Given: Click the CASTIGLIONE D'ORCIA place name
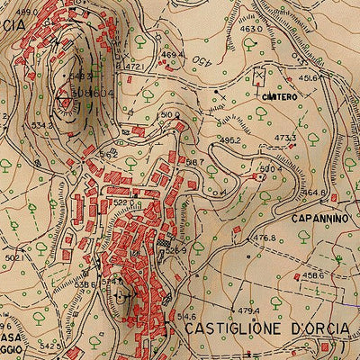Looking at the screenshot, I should [266, 329].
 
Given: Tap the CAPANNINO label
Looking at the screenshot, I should [318, 218].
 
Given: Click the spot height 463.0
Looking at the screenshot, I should [252, 29].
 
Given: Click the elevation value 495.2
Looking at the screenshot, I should [229, 141].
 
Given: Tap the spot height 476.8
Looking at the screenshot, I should [263, 238].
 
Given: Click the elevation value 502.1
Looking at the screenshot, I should [13, 258].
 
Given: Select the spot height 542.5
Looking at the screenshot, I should [50, 346].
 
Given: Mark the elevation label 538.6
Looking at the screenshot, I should [85, 284].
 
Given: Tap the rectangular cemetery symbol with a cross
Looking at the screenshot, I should [261, 77].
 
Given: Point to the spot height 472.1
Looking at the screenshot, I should [134, 67].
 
